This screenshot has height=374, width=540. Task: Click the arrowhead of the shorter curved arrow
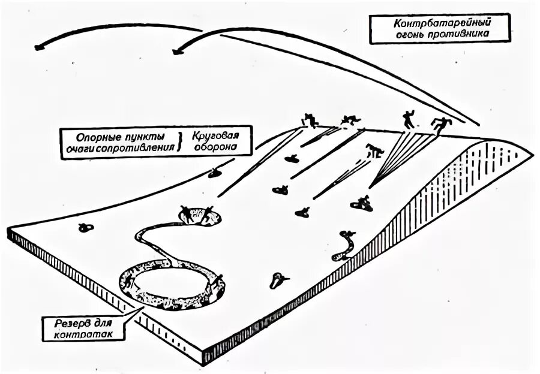tap(176, 52)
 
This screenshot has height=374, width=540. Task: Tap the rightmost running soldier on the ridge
tap(442, 125)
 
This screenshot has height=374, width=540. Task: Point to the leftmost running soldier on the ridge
tap(310, 120)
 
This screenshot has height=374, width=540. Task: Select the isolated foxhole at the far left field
tap(86, 227)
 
